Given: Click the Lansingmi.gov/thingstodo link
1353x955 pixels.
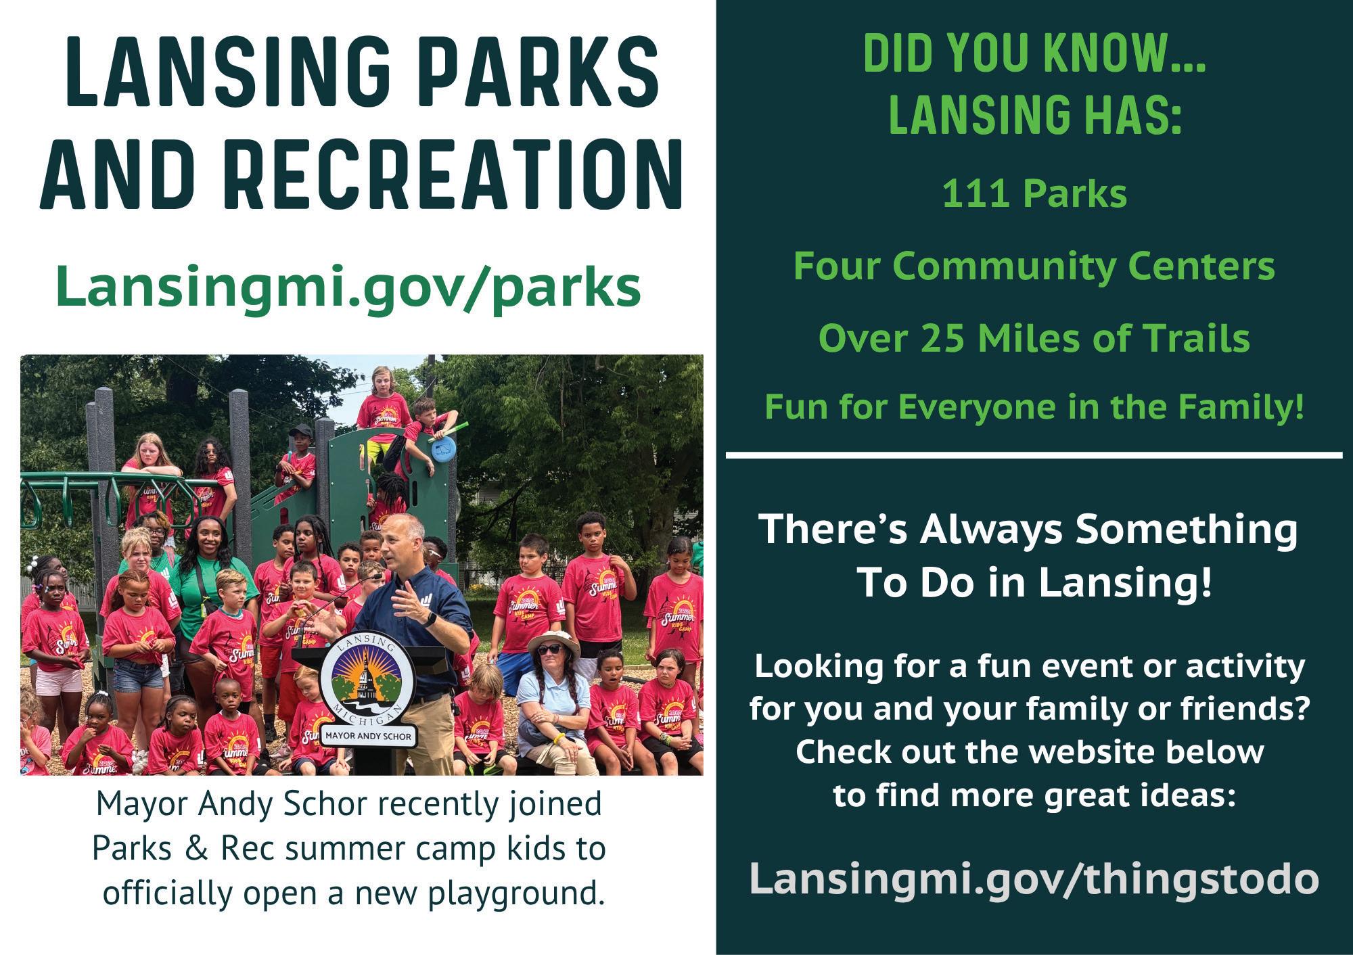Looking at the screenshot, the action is coord(1034,880).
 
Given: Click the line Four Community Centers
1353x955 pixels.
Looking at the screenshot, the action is coord(1034,266).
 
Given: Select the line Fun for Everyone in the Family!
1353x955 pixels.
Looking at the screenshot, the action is coord(1034,408).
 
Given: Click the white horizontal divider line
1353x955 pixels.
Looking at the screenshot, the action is coord(1034,455).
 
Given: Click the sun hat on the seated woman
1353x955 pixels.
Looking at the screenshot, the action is coord(553,643).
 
